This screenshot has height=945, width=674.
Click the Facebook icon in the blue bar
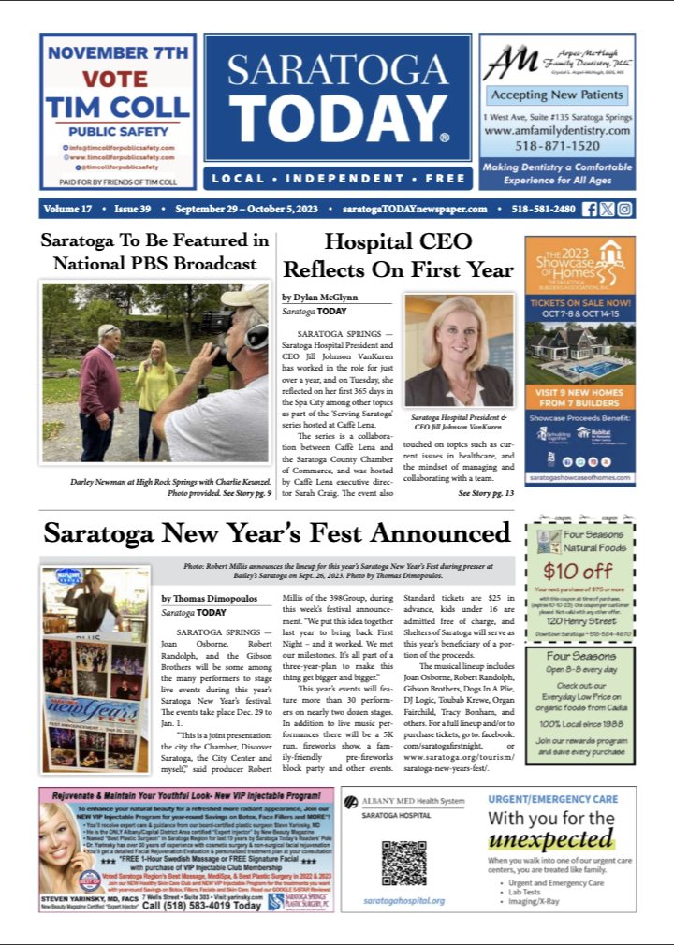pyautogui.click(x=590, y=209)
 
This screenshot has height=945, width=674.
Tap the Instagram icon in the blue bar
pyautogui.click(x=624, y=209)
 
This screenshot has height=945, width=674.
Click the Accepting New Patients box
pyautogui.click(x=556, y=94)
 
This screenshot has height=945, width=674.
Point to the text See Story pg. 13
pyautogui.click(x=486, y=492)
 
